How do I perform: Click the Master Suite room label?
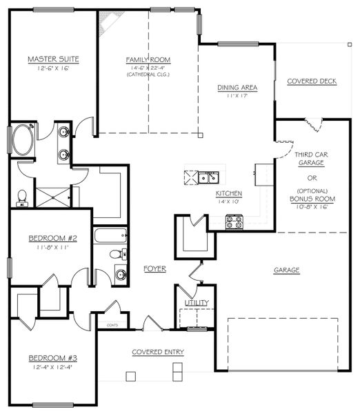pyautogui.click(x=52, y=59)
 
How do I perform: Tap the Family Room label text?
pyautogui.click(x=148, y=59)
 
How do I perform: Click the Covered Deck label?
pyautogui.click(x=311, y=81)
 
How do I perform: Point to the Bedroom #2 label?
pyautogui.click(x=52, y=239)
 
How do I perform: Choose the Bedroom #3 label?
pyautogui.click(x=52, y=358)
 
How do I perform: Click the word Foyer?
pyautogui.click(x=154, y=268)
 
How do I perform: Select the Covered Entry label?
pyautogui.click(x=158, y=352)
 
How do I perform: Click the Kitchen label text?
pyautogui.click(x=228, y=193)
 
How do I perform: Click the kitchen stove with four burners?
pyautogui.click(x=234, y=221)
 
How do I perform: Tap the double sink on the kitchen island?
pyautogui.click(x=208, y=178)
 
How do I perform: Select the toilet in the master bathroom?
pyautogui.click(x=21, y=197)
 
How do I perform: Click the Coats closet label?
pyautogui.click(x=113, y=324)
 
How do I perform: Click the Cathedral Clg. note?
pyautogui.click(x=148, y=75)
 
